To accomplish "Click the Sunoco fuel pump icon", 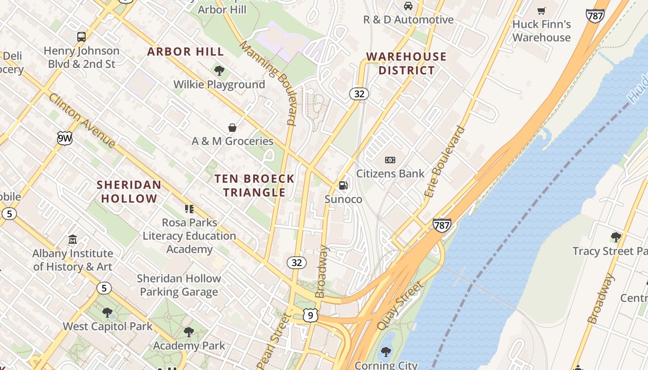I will click(x=343, y=185).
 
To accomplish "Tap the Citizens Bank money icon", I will click(x=390, y=160).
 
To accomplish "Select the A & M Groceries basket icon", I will click(x=232, y=127).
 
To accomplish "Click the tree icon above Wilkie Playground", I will click(x=219, y=71).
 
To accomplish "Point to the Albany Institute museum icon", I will click(x=73, y=240).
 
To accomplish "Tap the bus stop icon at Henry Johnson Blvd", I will click(x=81, y=37).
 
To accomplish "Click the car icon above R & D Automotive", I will click(x=408, y=6).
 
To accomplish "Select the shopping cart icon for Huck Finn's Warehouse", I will click(x=542, y=11).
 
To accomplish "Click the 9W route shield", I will click(x=65, y=138).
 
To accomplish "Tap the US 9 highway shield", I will click(x=311, y=315).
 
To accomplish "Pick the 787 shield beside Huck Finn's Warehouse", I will click(x=595, y=16).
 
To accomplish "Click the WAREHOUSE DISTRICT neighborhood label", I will click(x=406, y=63).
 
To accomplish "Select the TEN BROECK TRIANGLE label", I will click(x=254, y=185).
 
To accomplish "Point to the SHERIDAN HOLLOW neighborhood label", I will click(x=129, y=191).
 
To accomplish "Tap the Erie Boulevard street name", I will click(x=444, y=162).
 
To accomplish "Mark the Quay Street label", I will click(x=400, y=306).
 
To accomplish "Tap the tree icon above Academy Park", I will click(x=188, y=332).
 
